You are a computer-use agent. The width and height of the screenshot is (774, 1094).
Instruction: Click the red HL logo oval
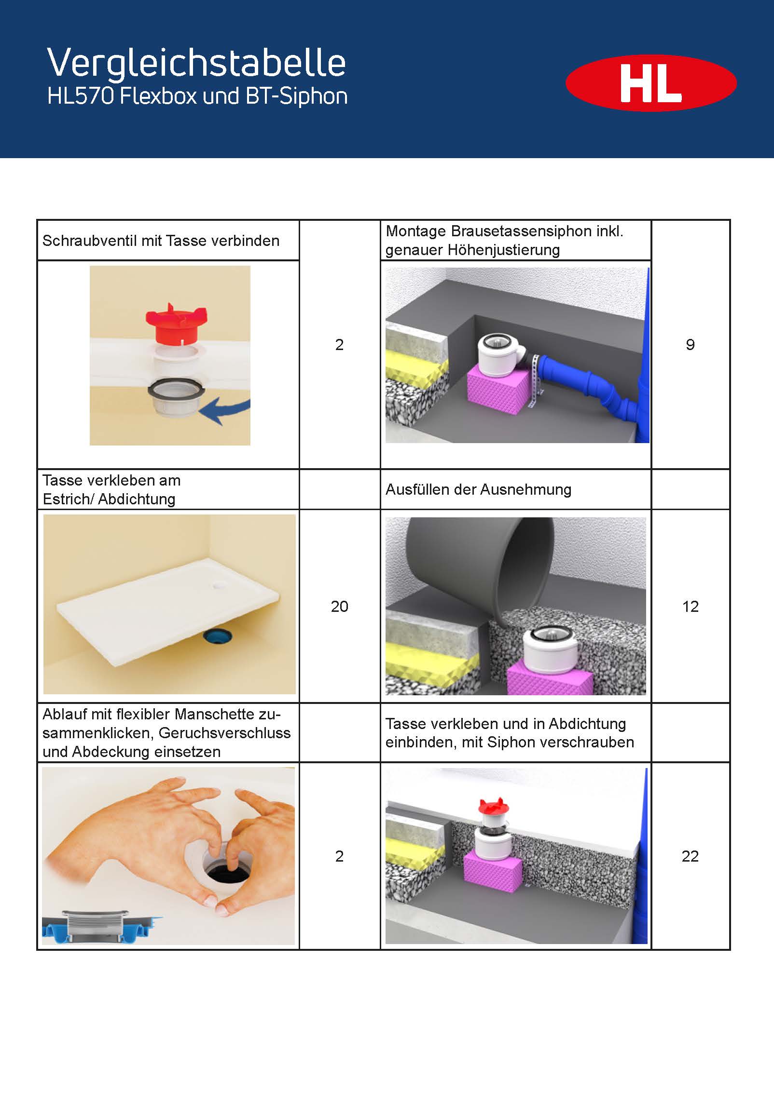click(x=651, y=83)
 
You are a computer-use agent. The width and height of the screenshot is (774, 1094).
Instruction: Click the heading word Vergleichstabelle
click(x=196, y=63)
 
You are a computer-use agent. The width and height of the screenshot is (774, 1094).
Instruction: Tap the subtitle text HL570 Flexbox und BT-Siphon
click(x=197, y=96)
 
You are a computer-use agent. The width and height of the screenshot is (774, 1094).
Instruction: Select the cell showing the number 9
click(x=690, y=344)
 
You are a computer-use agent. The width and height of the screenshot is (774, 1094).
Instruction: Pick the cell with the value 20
click(x=339, y=606)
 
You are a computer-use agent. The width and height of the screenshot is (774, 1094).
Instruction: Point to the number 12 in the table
click(x=690, y=606)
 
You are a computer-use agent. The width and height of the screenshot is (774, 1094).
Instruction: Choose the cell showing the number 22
click(x=690, y=856)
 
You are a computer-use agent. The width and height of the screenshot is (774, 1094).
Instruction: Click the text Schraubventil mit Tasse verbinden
click(x=161, y=241)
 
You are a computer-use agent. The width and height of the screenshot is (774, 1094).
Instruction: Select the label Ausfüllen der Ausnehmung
click(x=478, y=489)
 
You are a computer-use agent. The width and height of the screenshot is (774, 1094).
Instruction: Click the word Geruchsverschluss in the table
click(x=225, y=733)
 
